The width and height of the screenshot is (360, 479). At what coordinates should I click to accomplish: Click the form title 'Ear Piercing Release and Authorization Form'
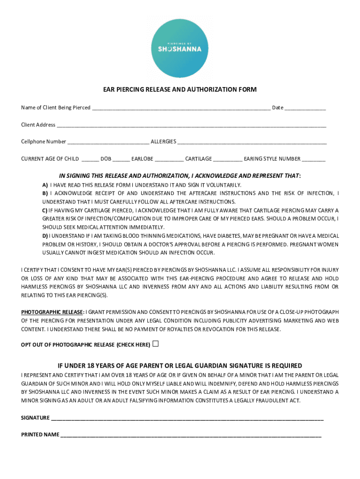[x=180, y=89]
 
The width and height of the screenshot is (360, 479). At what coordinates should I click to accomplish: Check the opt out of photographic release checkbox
[x=156, y=344]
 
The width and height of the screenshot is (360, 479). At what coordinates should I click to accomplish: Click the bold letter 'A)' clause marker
[x=45, y=185]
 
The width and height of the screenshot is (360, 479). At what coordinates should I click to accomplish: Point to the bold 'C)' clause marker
[x=45, y=210]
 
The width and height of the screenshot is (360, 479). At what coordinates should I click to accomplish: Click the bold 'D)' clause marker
[x=45, y=236]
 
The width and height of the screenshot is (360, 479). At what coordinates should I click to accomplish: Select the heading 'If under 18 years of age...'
[x=180, y=366]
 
